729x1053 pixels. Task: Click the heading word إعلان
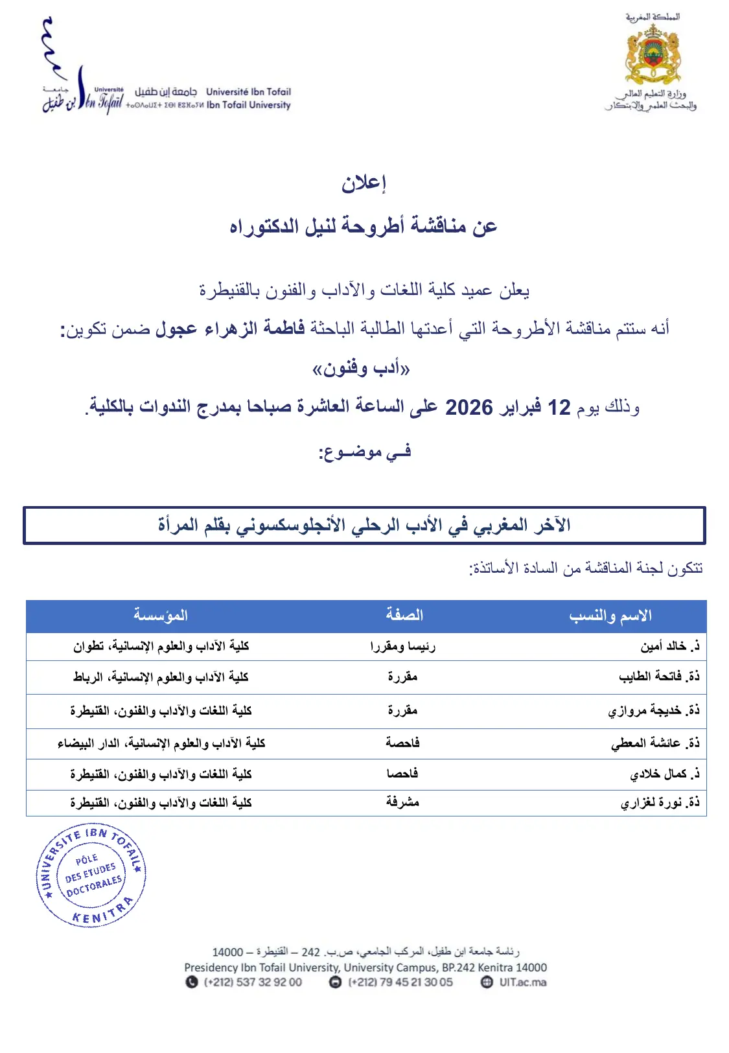(x=364, y=183)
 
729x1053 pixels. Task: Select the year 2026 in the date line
(x=469, y=407)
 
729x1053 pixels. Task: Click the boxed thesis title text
(x=364, y=526)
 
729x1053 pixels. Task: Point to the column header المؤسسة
(x=161, y=616)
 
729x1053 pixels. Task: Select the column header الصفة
(x=404, y=616)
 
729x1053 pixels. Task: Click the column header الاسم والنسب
(x=610, y=616)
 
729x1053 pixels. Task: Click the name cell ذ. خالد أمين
(x=669, y=646)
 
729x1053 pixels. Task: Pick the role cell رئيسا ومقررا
(x=402, y=646)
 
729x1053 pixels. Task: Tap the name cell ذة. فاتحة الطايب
(x=659, y=677)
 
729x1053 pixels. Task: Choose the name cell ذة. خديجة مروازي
(x=654, y=710)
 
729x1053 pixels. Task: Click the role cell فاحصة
(x=402, y=743)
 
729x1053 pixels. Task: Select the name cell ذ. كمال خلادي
(x=664, y=774)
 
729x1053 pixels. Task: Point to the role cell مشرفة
(x=402, y=802)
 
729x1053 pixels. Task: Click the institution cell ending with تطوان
(x=161, y=646)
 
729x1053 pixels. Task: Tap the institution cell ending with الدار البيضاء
(x=161, y=743)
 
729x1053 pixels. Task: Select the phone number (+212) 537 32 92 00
(x=253, y=982)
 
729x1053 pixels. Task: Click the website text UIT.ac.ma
(x=522, y=982)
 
